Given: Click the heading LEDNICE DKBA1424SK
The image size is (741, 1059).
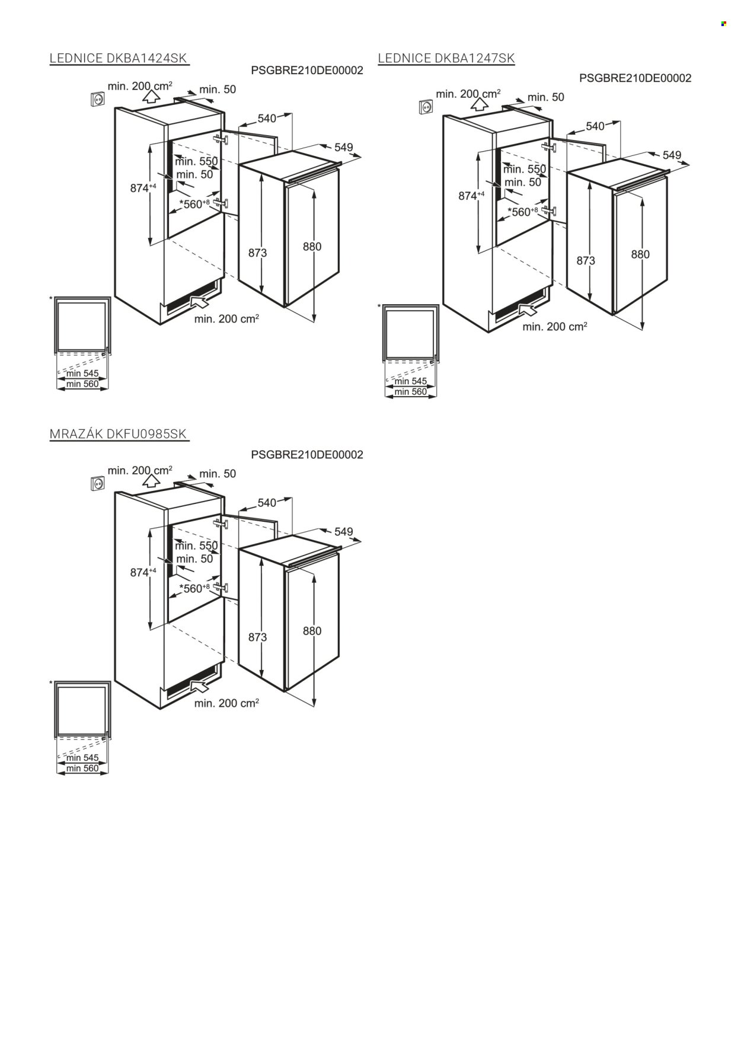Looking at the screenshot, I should click(x=119, y=58).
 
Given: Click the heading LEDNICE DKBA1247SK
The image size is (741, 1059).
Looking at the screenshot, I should click(x=446, y=58).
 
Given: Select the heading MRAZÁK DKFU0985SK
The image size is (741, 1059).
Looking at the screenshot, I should click(x=119, y=435).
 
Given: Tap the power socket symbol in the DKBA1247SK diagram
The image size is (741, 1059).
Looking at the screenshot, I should click(x=426, y=107).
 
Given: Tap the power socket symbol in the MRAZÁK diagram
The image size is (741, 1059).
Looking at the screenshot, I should click(x=97, y=484).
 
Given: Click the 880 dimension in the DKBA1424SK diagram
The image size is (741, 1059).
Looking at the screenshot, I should click(x=312, y=247).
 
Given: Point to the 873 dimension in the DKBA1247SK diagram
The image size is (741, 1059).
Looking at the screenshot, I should click(x=586, y=260).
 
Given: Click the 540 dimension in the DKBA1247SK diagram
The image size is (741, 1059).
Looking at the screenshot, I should click(x=595, y=126).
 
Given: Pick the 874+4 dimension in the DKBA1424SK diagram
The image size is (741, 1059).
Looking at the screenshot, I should click(x=143, y=188).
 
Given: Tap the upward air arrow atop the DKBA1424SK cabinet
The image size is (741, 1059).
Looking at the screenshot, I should click(x=152, y=97).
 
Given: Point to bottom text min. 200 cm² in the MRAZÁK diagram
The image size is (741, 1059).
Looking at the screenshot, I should click(x=226, y=703).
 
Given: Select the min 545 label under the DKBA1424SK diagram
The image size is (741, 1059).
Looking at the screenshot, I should click(x=82, y=374).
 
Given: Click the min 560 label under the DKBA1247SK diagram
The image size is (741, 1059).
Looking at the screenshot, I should click(x=410, y=392).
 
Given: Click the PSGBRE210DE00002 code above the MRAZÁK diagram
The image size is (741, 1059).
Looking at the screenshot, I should click(x=307, y=455).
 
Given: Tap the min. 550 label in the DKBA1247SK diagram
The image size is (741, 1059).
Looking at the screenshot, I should click(x=525, y=170).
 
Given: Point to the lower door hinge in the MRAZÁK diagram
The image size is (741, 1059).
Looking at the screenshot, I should click(x=221, y=587).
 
